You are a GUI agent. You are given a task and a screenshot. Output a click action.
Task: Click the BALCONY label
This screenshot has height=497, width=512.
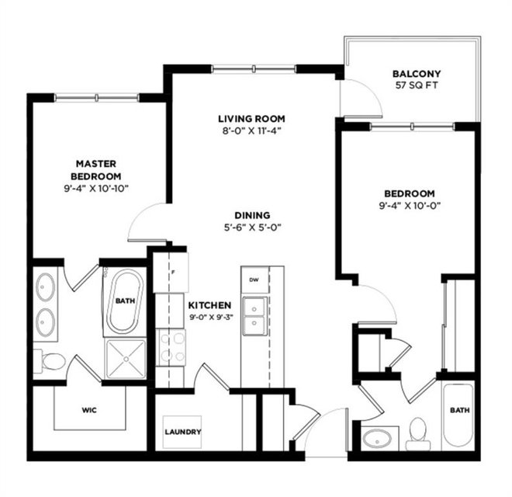pos(417,74)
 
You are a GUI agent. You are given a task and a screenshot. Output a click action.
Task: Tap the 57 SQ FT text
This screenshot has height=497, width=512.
pos(417,85)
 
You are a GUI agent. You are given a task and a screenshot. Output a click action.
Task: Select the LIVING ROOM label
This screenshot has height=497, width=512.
pos(251,118)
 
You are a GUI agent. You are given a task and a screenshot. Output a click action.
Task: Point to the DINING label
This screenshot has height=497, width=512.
pos(252,215)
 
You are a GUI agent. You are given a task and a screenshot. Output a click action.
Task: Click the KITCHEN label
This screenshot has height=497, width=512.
pos(209,305)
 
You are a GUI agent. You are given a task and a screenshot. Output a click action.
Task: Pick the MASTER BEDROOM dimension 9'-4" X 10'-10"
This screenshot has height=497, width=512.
pos(96,189)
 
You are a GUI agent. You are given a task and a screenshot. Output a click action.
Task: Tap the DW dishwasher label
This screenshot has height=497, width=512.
pos(254,280)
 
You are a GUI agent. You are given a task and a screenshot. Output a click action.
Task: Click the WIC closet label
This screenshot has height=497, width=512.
pos(89,410)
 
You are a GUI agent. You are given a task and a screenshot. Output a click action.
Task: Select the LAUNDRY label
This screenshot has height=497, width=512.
pos(182,432)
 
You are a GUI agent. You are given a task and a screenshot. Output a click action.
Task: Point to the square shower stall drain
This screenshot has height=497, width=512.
pos(126,359)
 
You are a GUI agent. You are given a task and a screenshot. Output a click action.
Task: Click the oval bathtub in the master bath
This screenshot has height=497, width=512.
pos(125,301)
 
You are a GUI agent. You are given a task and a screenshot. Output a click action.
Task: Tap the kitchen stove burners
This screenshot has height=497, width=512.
pos(171,347)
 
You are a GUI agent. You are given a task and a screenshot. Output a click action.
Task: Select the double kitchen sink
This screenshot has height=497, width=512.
pos(254,316)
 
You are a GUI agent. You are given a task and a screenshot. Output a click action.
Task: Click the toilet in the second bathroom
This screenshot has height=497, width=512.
pos(419,433)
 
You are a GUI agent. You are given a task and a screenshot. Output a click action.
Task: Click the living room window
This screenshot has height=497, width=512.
pos(254,68)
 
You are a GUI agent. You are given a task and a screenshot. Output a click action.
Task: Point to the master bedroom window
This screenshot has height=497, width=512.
pos(97,97)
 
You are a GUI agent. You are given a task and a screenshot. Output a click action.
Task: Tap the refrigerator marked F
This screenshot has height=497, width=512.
pos(171,272)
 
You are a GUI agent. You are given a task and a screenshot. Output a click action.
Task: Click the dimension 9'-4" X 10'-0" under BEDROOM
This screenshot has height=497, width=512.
pos(410,206)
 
